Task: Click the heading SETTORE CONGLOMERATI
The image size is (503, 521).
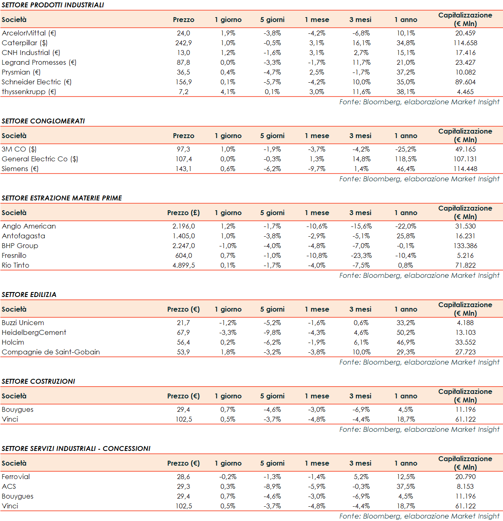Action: [43, 121]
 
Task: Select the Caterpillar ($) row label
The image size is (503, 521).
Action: [24, 43]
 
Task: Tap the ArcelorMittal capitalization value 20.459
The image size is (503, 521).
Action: [465, 33]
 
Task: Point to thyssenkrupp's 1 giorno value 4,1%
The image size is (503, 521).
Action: [228, 92]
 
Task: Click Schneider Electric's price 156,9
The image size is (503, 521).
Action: [183, 82]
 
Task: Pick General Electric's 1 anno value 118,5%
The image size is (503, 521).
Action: [406, 159]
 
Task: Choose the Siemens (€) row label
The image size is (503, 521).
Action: [20, 169]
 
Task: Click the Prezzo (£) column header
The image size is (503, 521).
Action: [183, 213]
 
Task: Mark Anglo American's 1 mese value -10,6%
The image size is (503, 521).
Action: [317, 226]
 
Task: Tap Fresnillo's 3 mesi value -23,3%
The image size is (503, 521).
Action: [361, 255]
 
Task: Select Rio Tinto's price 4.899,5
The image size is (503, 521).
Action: [183, 265]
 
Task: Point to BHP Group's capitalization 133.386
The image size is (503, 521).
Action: [465, 246]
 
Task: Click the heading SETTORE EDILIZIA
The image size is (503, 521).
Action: [29, 295]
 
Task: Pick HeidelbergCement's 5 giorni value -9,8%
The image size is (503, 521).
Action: [272, 332]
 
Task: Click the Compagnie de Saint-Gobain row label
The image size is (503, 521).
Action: [51, 352]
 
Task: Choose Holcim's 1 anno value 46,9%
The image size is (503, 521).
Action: [406, 342]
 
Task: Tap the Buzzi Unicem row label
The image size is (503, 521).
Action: [23, 323]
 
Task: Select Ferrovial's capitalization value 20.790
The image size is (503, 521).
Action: [465, 477]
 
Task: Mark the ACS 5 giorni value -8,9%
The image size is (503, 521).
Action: [272, 486]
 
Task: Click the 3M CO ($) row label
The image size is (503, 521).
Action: [19, 149]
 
